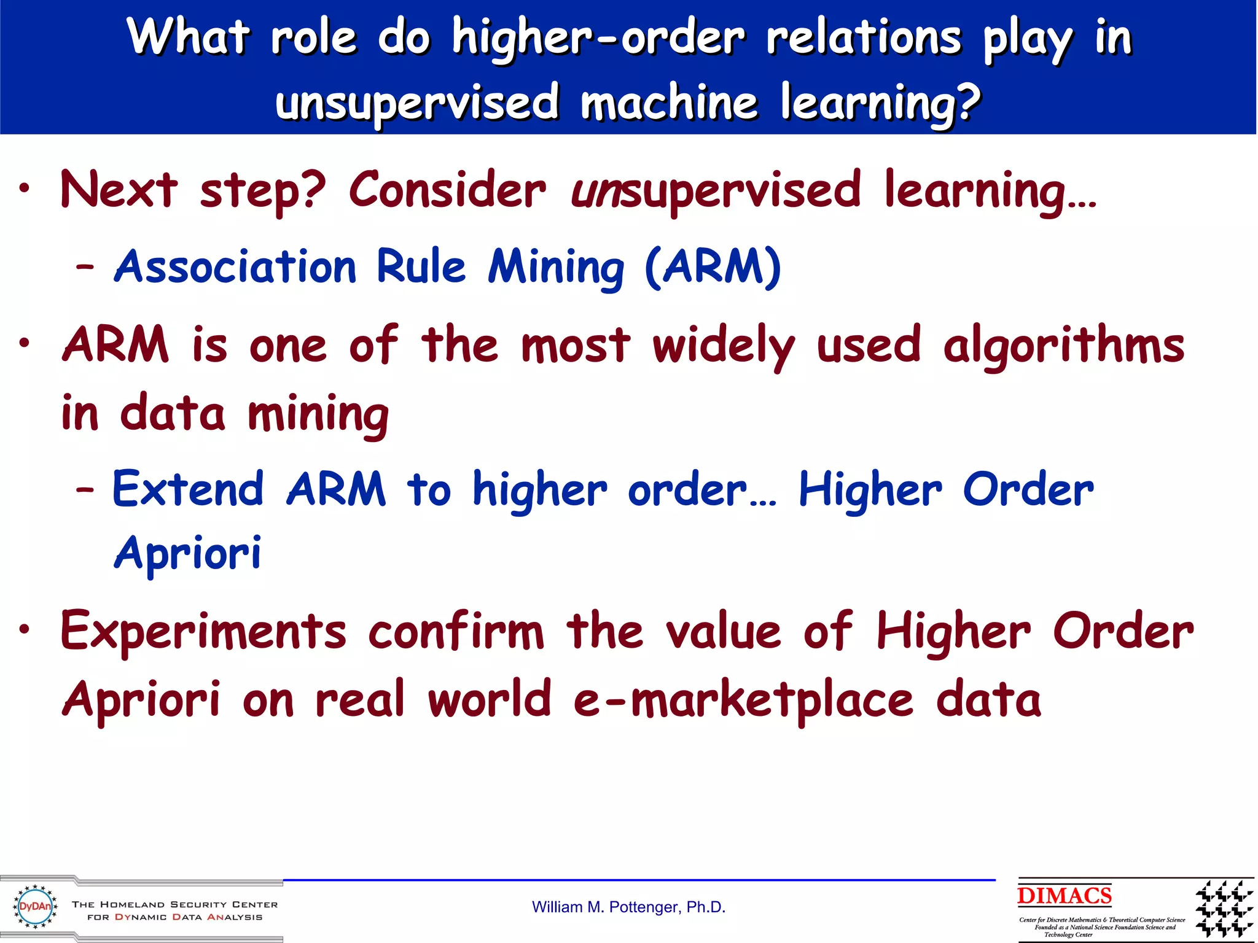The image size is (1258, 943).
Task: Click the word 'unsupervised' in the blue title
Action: point(416,103)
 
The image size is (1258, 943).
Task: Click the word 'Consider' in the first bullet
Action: point(447,190)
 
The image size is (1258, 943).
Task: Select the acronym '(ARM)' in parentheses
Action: point(713,268)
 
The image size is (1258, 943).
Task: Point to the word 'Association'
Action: point(235,268)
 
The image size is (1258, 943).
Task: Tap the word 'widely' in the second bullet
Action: point(724,346)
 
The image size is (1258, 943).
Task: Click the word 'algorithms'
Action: point(1064,346)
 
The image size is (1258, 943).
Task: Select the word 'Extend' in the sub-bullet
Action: point(188,490)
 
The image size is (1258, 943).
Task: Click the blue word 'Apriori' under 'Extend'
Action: point(188,554)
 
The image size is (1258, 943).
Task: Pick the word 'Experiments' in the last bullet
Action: point(203,632)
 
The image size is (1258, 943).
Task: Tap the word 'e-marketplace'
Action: point(743,701)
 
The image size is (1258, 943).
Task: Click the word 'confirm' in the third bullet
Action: point(456,632)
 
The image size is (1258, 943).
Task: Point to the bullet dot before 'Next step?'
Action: point(24,188)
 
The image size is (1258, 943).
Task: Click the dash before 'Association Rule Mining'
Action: point(85,268)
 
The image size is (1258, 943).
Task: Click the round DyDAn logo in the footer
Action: point(35,907)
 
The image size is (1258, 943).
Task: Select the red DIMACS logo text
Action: point(1064,896)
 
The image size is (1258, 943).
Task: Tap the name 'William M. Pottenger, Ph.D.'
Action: point(628,907)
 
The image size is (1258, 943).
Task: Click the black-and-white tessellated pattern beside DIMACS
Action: point(1224,909)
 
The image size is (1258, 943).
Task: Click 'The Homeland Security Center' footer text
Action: point(175,904)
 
